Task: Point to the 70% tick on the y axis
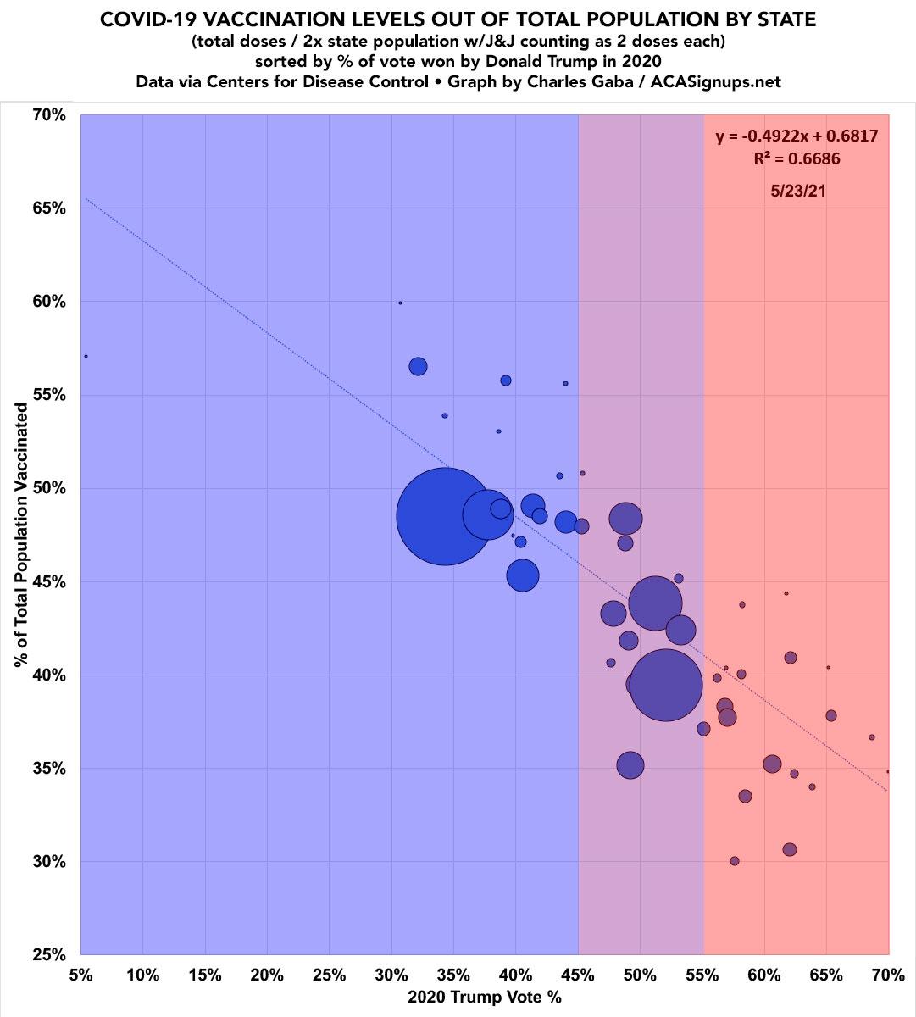click(49, 115)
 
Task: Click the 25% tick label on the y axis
click(49, 955)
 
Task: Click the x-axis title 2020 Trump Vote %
click(484, 998)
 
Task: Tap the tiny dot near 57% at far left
click(86, 357)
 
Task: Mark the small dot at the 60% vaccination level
click(400, 303)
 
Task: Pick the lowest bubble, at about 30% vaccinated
click(735, 861)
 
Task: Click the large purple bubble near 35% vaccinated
click(630, 765)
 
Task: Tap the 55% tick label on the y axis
click(49, 395)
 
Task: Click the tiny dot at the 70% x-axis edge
click(887, 771)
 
